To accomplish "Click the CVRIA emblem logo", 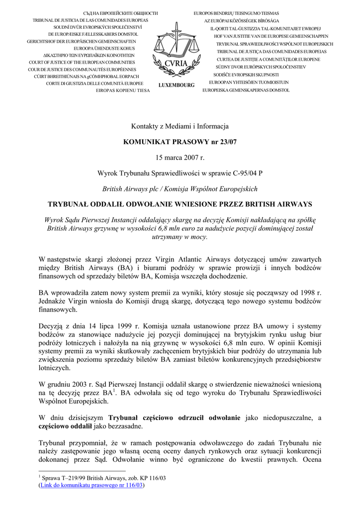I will click(x=176, y=50).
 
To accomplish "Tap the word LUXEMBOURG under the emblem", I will click(x=177, y=85).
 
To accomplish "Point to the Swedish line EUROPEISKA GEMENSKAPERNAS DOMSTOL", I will click(x=246, y=90).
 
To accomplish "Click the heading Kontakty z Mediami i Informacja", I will click(x=180, y=127).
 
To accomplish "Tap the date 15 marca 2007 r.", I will click(x=180, y=158).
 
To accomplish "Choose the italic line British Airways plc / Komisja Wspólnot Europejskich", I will click(x=180, y=189).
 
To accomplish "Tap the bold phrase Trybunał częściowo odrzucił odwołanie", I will click(x=175, y=417).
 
